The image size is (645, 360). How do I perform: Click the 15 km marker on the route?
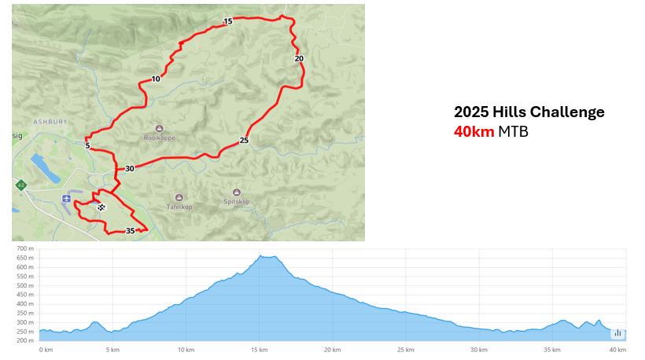pos(227,21)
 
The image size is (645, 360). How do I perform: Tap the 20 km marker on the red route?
pos(299,58)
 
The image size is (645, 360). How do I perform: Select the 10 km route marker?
pos(156,79)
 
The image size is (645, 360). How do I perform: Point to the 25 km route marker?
pos(244,141)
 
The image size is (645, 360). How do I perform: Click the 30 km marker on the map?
pos(130,168)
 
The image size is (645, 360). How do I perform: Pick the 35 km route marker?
pos(130,231)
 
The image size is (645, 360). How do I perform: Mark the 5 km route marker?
pos(87,145)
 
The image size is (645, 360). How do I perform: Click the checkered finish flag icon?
pos(101,208)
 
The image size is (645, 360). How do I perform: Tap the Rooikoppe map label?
pos(159,138)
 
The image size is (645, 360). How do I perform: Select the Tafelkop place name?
pos(179,208)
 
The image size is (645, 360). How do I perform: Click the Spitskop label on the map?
pos(237,202)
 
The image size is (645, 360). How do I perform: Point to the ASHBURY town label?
pos(50,122)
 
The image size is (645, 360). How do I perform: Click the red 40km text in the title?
pos(474,131)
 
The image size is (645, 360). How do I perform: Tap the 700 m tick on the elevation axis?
pos(27,248)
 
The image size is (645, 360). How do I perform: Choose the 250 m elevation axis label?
pos(27,332)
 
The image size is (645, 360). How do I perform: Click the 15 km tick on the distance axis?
pos(259,350)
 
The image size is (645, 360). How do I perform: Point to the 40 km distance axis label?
pos(617,350)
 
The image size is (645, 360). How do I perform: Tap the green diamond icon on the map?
pos(20,185)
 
